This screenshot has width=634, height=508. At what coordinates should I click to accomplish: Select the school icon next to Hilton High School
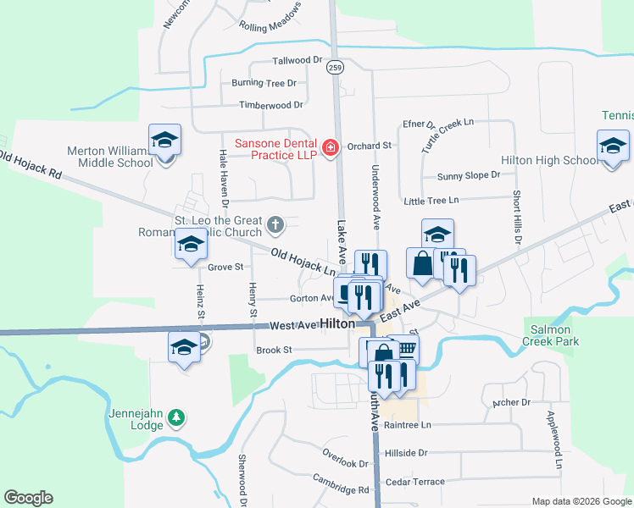pos(613,146)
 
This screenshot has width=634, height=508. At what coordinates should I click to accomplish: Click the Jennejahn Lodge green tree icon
pos(175,417)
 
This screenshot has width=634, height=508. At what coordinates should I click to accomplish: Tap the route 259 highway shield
pos(336,68)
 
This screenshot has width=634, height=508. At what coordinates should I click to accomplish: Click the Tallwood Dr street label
pos(298,61)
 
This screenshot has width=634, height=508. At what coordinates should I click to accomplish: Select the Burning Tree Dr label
pos(264,83)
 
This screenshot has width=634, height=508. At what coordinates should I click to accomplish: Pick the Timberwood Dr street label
pos(270,105)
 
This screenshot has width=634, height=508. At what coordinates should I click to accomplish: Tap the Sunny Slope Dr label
pos(469,176)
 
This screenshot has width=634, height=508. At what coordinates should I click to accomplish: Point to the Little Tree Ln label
pos(431,201)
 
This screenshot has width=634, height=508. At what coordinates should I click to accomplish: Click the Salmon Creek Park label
pos(554,335)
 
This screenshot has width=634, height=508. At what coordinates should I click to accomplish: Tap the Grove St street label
pos(225,267)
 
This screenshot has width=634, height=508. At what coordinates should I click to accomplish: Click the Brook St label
pos(274,350)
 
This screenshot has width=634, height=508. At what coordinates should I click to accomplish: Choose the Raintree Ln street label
pos(407,425)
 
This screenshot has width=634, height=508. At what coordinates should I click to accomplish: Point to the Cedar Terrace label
pos(414,482)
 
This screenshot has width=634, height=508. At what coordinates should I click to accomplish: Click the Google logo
pos(28,498)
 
